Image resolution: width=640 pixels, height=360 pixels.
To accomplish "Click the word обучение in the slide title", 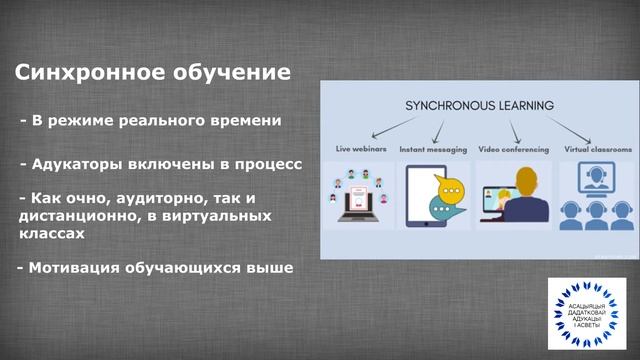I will click(227, 73).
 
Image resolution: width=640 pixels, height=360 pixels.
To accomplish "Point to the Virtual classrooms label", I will click(596, 149).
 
